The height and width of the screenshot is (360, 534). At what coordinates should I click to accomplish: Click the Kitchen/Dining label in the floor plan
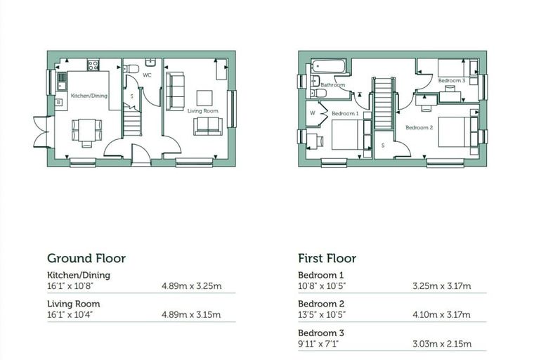89,96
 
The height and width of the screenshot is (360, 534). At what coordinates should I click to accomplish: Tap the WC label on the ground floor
147,75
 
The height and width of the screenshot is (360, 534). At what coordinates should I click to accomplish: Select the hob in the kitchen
93,65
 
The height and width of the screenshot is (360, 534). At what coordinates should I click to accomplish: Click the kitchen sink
61,81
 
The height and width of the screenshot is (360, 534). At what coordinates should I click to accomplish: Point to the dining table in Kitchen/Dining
87,130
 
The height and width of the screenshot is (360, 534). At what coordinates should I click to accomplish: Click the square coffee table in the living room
204,98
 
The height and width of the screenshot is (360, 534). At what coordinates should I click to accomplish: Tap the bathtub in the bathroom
328,66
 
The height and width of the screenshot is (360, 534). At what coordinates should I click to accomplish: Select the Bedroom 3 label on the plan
452,80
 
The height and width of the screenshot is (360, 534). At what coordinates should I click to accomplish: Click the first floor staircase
384,103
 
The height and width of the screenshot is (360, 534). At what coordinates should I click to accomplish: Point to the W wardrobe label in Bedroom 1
312,113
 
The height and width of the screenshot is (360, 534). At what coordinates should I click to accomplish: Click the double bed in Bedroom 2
455,132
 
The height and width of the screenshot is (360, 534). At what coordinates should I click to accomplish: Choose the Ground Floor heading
86,259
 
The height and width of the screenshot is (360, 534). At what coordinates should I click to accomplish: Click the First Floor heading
327,259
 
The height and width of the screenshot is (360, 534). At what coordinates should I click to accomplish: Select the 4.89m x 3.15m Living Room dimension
191,314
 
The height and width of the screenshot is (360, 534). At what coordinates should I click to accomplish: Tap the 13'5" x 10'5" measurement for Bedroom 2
322,314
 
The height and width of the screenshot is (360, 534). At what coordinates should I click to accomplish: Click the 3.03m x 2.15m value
442,344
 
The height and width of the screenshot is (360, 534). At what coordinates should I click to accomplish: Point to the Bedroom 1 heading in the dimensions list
321,275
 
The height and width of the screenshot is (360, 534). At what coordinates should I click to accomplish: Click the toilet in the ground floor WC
131,69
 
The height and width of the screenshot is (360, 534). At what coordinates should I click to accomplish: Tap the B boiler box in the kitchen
58,102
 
